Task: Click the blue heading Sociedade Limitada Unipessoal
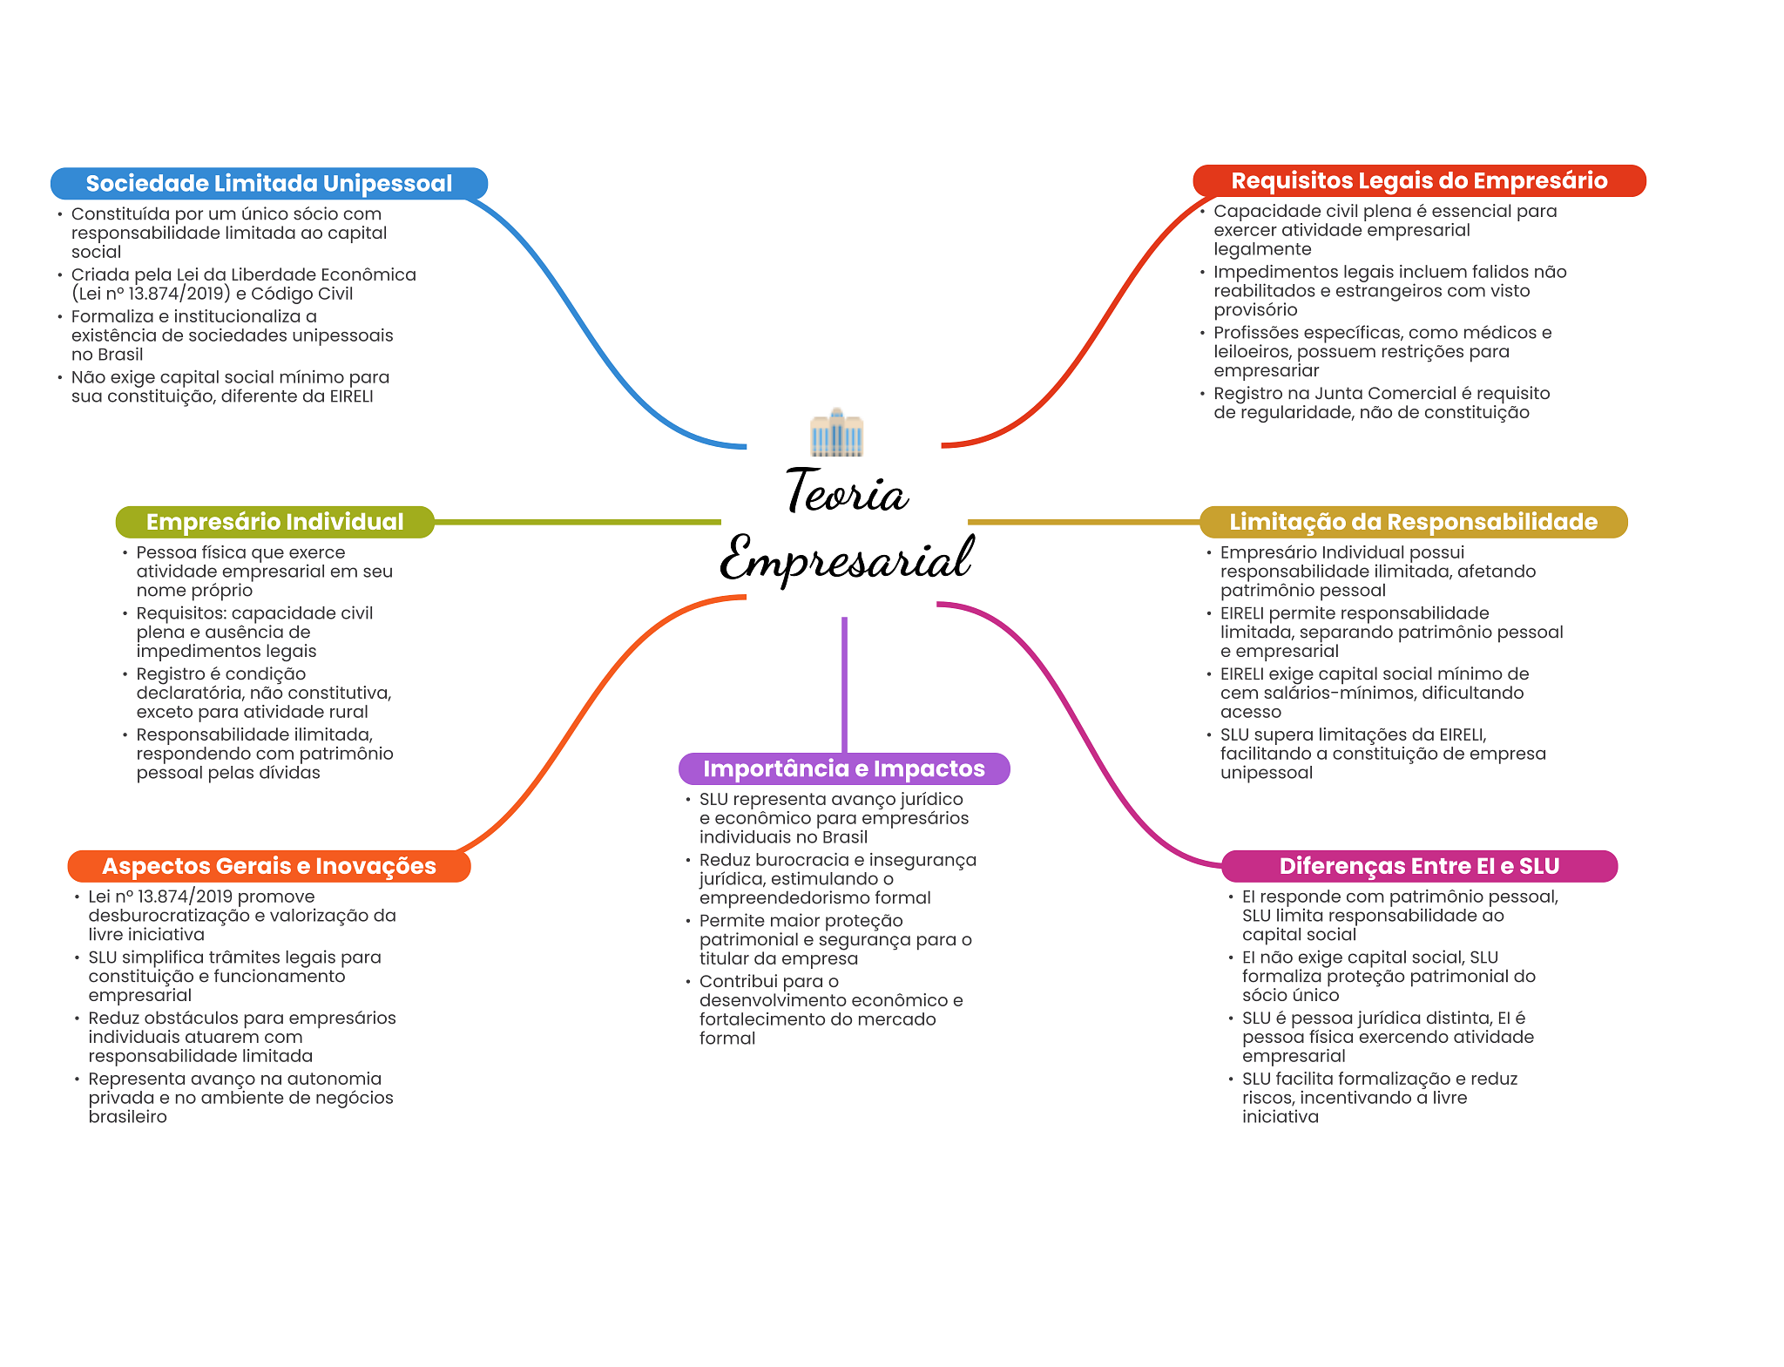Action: coord(269,183)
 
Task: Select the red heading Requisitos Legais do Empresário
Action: coord(1419,180)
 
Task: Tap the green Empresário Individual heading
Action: coord(274,522)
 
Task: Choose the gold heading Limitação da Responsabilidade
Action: coord(1413,522)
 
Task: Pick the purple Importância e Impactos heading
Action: coord(844,768)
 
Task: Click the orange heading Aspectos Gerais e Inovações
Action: coord(269,866)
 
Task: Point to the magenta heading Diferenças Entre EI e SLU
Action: coord(1419,866)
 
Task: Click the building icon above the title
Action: coord(836,432)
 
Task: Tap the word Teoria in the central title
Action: coord(847,491)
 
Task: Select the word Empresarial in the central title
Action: coord(847,558)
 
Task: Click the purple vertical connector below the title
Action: coord(844,685)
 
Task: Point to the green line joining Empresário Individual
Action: coord(578,522)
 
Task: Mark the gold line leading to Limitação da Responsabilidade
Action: coord(1084,522)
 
